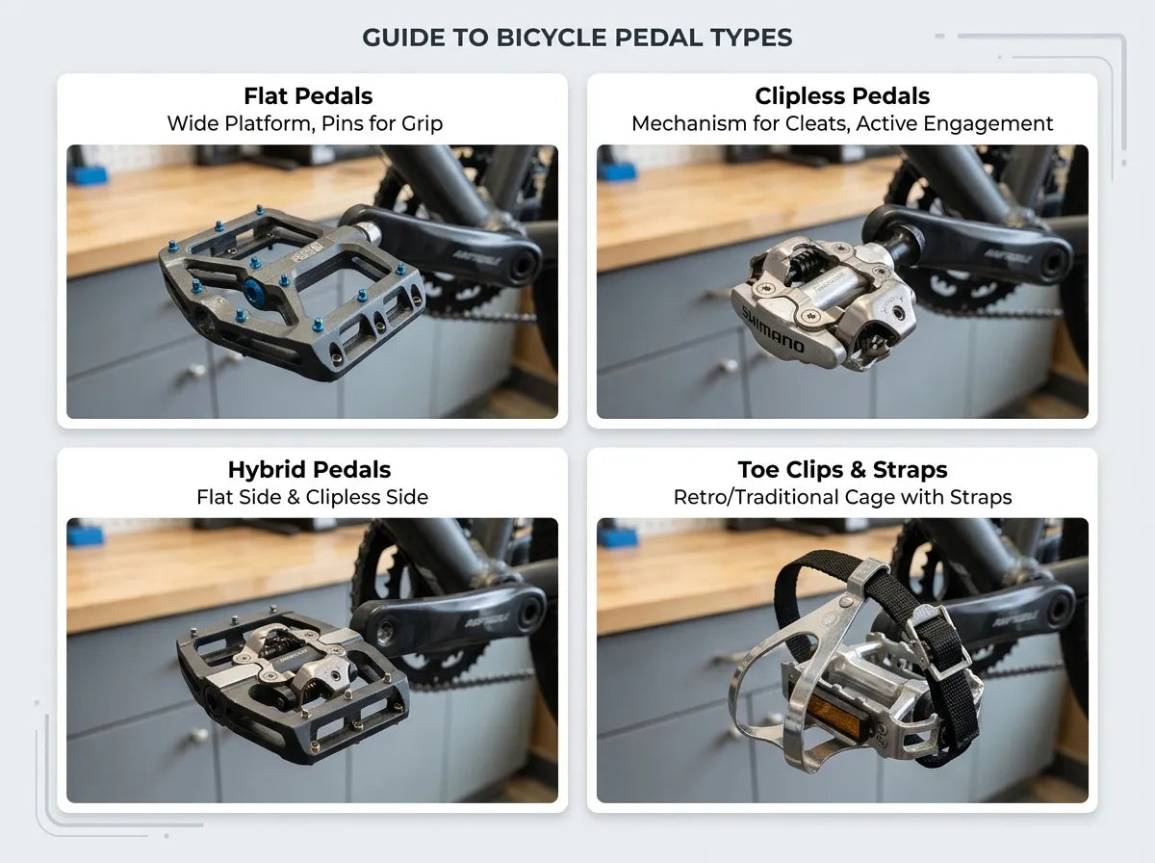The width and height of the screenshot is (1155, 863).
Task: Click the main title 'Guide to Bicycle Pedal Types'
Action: (577, 39)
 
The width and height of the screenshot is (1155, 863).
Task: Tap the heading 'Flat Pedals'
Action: (308, 96)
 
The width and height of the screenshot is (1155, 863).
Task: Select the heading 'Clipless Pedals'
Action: (842, 96)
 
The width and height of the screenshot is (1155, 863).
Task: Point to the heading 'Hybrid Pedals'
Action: (309, 470)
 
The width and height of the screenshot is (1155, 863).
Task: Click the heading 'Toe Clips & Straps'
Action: (842, 470)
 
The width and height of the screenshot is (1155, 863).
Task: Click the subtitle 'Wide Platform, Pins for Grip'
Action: (305, 124)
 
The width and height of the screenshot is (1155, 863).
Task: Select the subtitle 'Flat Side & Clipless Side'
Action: (312, 498)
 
